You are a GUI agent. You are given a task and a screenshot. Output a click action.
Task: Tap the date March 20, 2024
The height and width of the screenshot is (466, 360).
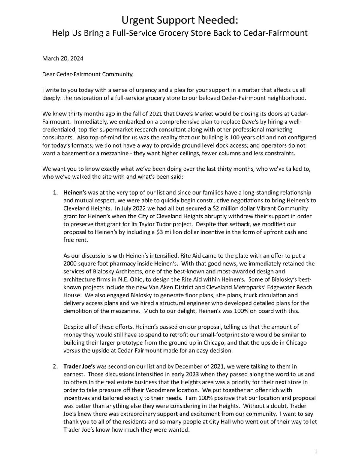click(63, 58)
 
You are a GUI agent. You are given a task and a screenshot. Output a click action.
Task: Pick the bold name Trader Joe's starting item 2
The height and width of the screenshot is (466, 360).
click(79, 366)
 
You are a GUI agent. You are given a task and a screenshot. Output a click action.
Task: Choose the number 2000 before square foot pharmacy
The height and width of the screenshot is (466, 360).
click(70, 264)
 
